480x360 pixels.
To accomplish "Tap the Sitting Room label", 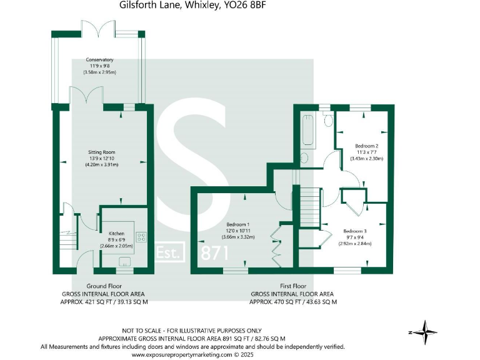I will pyautogui.click(x=101, y=152).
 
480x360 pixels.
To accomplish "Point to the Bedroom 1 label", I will pyautogui.click(x=239, y=224).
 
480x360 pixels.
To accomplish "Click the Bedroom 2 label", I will pyautogui.click(x=366, y=146).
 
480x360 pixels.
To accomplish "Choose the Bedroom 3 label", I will pyautogui.click(x=355, y=231).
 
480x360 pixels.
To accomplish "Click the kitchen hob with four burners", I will pyautogui.click(x=141, y=237).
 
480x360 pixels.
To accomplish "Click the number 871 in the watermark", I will pyautogui.click(x=214, y=252).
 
